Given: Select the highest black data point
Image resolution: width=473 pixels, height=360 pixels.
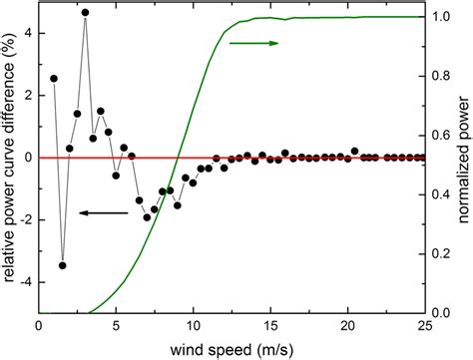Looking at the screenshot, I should tap(85, 13).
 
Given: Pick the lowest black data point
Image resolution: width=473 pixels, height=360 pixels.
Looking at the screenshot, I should tap(62, 265).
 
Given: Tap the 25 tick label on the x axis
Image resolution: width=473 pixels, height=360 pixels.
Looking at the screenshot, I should tap(423, 325).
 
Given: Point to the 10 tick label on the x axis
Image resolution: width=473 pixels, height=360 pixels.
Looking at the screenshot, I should tap(193, 325).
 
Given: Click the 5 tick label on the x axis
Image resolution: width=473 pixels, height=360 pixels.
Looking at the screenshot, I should tap(116, 325).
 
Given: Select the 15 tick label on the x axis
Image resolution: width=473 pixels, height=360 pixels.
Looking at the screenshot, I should tap(269, 325).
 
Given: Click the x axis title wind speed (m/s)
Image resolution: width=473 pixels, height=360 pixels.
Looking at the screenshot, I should tap(232, 347).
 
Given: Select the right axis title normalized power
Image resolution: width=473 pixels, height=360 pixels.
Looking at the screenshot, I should tap(462, 165).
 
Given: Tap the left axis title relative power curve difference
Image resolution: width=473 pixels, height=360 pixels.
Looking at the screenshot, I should tap(9, 165).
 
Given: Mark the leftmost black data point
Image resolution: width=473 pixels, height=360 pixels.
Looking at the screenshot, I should tap(54, 78).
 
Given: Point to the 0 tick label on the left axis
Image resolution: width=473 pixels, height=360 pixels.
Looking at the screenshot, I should tap(28, 158).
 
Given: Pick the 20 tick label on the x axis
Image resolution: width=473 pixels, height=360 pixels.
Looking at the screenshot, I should tap(346, 325).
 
